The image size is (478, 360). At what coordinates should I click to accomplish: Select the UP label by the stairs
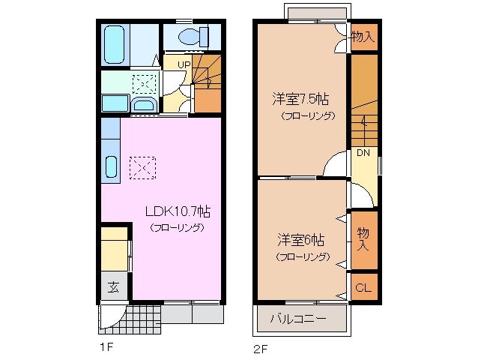[x=183, y=64]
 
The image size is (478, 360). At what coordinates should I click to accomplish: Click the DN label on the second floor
[x=363, y=153]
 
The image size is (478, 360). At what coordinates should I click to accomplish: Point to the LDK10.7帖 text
[x=176, y=212]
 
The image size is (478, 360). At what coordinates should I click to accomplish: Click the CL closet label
[x=362, y=288]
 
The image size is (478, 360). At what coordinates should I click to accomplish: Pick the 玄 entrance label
[x=113, y=286]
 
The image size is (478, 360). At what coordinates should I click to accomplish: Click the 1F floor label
[x=106, y=346]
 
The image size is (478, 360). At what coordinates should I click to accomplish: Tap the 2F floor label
[x=259, y=346]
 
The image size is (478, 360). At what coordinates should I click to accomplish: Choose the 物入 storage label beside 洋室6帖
[x=363, y=238]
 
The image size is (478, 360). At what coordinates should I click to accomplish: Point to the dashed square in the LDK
[x=142, y=167]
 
